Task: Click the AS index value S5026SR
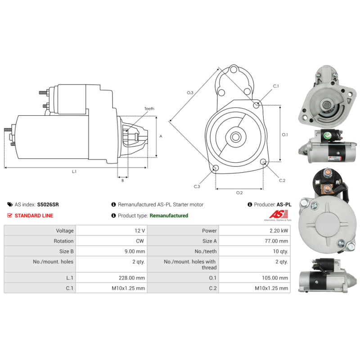48,204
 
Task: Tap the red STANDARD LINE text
34,216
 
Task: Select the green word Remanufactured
169,216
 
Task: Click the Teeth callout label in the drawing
149,109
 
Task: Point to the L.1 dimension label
74,171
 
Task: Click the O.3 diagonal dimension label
190,93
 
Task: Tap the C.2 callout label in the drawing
282,180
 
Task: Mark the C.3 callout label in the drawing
197,186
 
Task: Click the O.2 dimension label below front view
239,193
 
